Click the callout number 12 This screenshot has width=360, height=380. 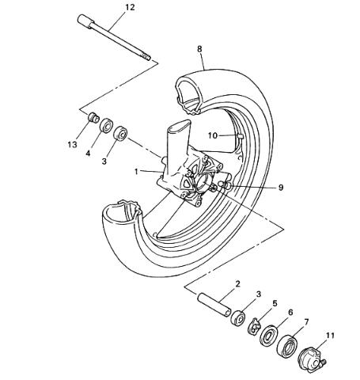pos(130,7)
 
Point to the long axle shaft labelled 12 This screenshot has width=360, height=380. pos(114,38)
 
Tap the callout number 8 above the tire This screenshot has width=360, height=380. pos(199,49)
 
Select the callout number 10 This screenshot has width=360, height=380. pos(213,135)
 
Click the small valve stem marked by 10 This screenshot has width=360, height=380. pos(240,136)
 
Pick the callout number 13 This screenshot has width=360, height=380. pos(72,144)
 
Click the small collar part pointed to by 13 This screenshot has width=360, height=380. pos(93,117)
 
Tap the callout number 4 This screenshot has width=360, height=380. pos(88,153)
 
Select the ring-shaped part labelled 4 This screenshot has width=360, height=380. pos(106,125)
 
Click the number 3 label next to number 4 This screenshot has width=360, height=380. pos(104,161)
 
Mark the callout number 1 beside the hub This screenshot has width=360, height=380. pos(136,172)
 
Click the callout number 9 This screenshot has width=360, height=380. pos(281,188)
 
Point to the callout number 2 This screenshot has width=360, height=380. pos(238,284)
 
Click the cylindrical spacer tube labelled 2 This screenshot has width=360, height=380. pos(215,305)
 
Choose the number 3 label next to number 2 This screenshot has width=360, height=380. pos(259,294)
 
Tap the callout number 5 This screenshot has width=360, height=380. pos(275,303)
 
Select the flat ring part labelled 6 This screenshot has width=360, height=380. pos(269,336)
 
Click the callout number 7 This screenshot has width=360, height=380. pos(306,322)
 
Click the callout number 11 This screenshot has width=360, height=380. pos(330,336)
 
